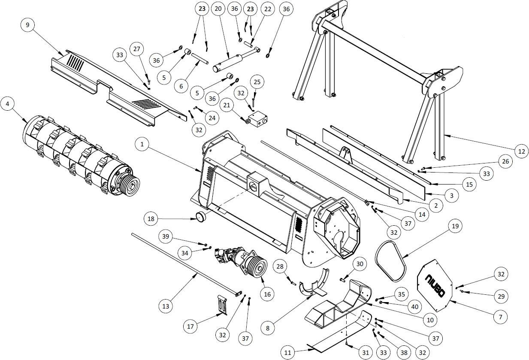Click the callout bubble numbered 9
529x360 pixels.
(x=28, y=25)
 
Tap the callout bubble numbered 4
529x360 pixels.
(x=8, y=104)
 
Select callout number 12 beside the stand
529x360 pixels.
(x=521, y=151)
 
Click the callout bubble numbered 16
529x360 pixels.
(x=267, y=294)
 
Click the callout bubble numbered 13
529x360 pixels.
(x=166, y=306)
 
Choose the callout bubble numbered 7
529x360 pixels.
(x=500, y=317)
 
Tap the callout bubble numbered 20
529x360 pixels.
(x=218, y=9)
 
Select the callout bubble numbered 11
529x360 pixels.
(x=288, y=353)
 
